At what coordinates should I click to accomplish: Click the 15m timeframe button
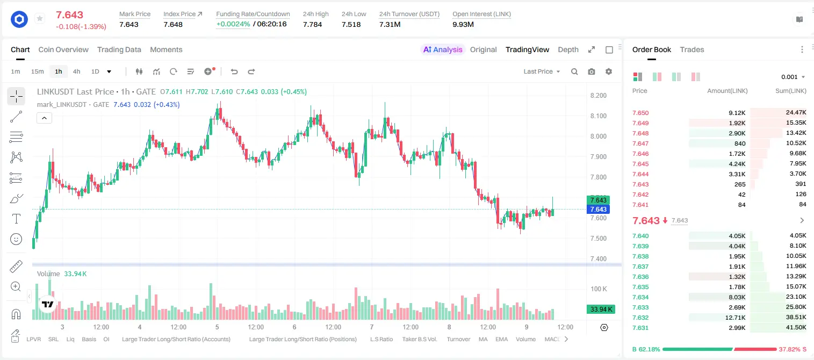pyautogui.click(x=37, y=71)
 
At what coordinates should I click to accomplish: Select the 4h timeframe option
pyautogui.click(x=76, y=71)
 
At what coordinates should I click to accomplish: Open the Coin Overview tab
pyautogui.click(x=63, y=49)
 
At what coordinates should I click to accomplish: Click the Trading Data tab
pyautogui.click(x=119, y=49)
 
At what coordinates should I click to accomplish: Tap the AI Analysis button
pyautogui.click(x=443, y=49)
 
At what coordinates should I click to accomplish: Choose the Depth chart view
pyautogui.click(x=568, y=49)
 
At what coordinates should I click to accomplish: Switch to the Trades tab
pyautogui.click(x=692, y=49)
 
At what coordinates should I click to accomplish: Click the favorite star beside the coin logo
pyautogui.click(x=40, y=18)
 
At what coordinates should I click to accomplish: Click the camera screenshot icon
pyautogui.click(x=592, y=71)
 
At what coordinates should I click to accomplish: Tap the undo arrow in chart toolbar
pyautogui.click(x=234, y=71)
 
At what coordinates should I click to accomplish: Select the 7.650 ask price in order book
pyautogui.click(x=640, y=113)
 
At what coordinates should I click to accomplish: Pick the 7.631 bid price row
pyautogui.click(x=640, y=328)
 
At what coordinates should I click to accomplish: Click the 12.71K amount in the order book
pyautogui.click(x=735, y=318)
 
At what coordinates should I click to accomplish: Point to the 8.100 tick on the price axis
pyautogui.click(x=599, y=116)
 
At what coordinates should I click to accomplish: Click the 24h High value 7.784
pyautogui.click(x=313, y=24)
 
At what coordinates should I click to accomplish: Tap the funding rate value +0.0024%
pyautogui.click(x=233, y=24)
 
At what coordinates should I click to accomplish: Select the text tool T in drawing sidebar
pyautogui.click(x=16, y=219)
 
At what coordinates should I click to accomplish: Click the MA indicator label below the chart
pyautogui.click(x=483, y=339)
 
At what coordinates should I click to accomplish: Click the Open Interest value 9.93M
pyautogui.click(x=463, y=24)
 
